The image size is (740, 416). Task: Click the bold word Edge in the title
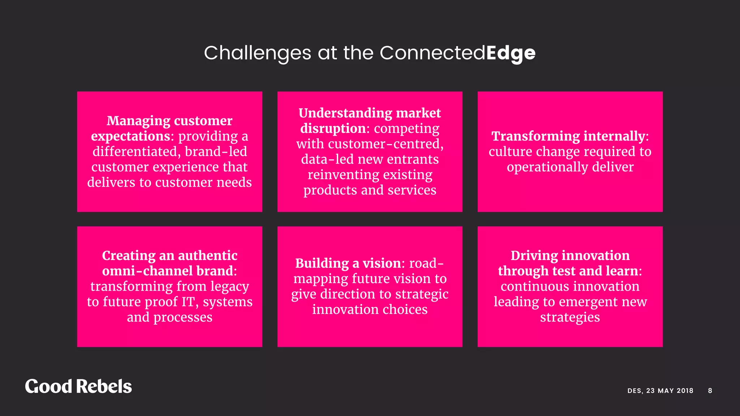pos(511,53)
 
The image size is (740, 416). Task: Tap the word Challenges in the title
pos(257,53)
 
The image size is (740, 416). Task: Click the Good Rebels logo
pos(78,386)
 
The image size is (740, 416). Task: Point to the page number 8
pos(710,390)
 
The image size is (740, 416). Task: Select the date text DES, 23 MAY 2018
pos(660,390)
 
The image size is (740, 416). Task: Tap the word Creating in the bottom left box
pos(129,256)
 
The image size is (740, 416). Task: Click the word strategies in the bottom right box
pos(570,317)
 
